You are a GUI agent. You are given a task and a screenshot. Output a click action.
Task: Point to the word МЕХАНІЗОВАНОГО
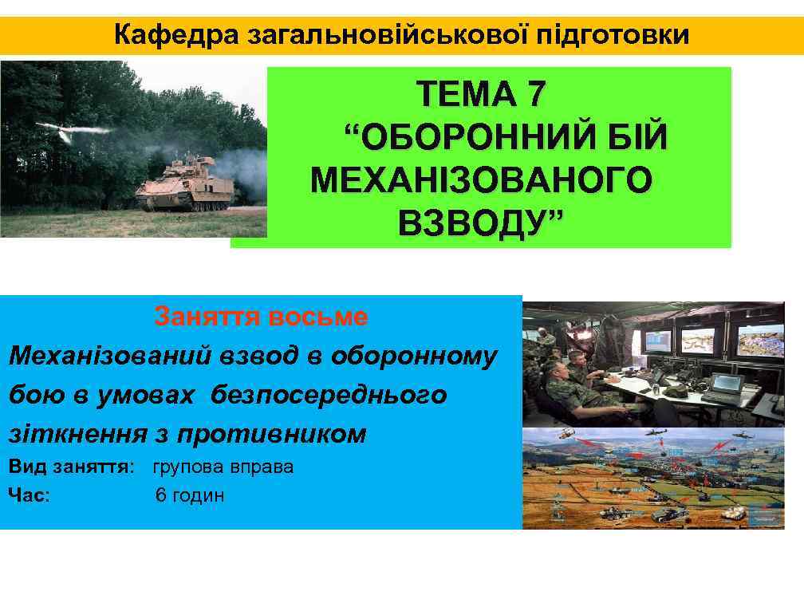point(480,180)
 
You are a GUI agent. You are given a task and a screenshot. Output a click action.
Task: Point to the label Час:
point(30,495)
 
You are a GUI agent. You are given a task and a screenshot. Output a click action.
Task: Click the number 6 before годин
point(160,495)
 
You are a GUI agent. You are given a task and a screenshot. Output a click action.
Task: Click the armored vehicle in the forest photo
point(184,185)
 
